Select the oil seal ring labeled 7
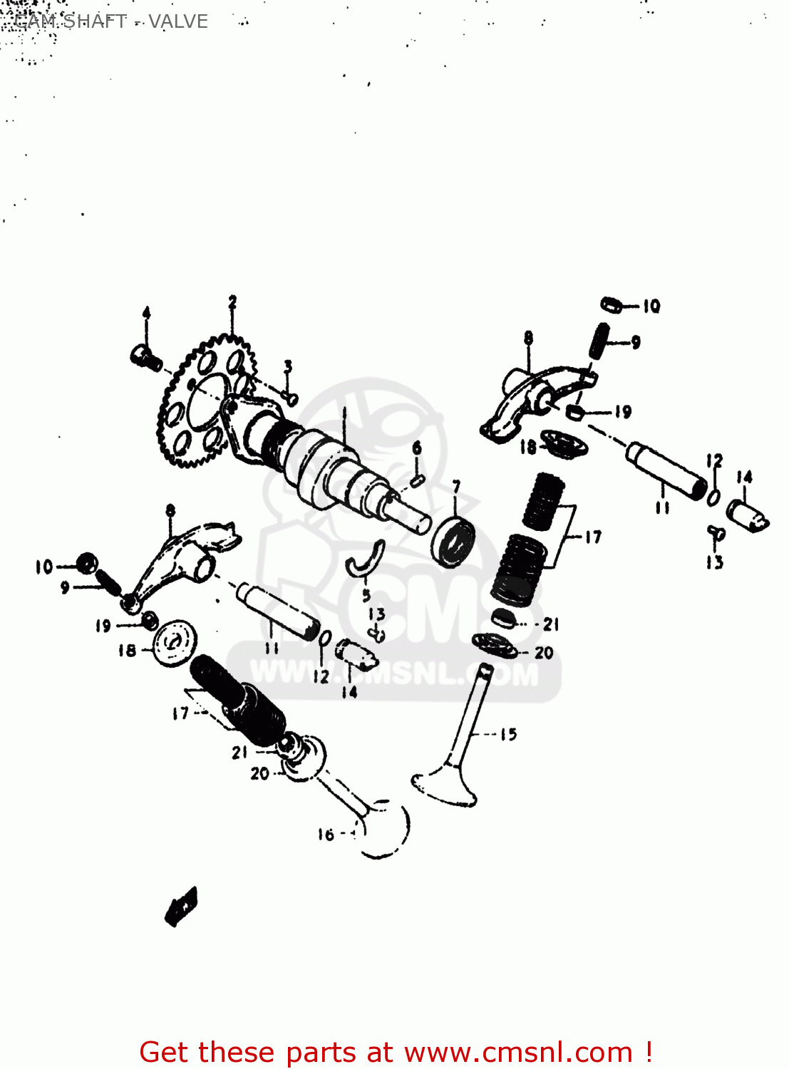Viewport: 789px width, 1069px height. [453, 541]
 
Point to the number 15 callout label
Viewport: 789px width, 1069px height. [508, 734]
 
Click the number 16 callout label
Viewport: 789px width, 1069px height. [326, 835]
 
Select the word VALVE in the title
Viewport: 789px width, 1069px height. [178, 21]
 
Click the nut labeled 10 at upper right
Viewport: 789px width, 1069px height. [611, 305]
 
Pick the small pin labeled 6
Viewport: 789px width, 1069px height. [418, 480]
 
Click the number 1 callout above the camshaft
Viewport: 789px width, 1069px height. [344, 413]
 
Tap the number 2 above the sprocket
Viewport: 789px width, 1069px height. [232, 302]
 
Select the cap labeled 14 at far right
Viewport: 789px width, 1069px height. [746, 515]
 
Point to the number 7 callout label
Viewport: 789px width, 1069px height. [456, 487]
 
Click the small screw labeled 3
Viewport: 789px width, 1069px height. [290, 398]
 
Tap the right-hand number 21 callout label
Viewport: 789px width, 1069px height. [551, 624]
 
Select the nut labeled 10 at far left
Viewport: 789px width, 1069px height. [87, 564]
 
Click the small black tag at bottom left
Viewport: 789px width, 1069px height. [181, 907]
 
